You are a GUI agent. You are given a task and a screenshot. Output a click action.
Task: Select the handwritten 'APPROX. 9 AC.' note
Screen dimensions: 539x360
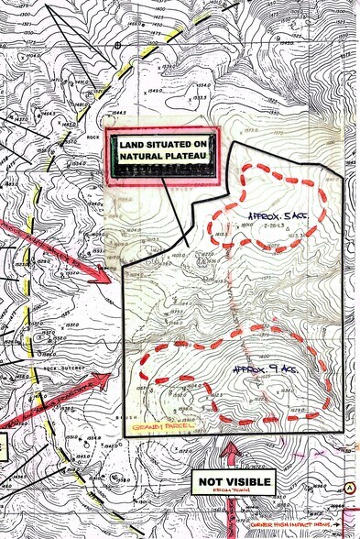click(264, 368)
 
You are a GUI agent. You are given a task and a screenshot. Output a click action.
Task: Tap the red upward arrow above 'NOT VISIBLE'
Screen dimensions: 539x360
click(231, 451)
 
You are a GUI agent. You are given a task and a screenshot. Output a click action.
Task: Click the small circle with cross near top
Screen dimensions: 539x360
click(119, 43)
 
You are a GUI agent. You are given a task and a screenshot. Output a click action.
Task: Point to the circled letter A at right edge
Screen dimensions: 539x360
click(350, 487)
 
